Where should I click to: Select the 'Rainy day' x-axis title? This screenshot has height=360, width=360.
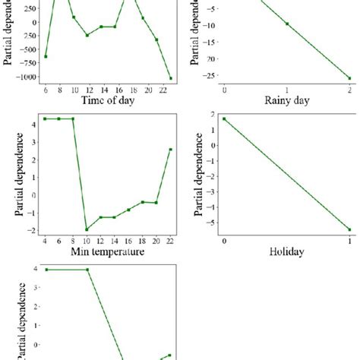pyautogui.click(x=286, y=100)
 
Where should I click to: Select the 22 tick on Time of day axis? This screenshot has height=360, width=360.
pyautogui.click(x=171, y=90)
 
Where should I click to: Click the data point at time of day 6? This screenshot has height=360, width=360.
pyautogui.click(x=46, y=56)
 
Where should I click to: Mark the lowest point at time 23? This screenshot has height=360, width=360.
pyautogui.click(x=171, y=78)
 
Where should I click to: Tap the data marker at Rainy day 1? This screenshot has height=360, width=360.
pyautogui.click(x=287, y=24)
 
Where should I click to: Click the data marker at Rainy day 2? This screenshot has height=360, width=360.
pyautogui.click(x=349, y=78)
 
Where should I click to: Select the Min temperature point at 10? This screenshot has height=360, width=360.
pyautogui.click(x=87, y=229)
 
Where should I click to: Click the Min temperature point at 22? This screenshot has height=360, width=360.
pyautogui.click(x=171, y=149)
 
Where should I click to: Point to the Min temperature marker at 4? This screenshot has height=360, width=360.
pyautogui.click(x=46, y=118)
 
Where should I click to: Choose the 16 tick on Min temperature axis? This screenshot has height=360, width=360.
pyautogui.click(x=129, y=242)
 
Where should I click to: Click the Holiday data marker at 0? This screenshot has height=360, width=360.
pyautogui.click(x=224, y=118)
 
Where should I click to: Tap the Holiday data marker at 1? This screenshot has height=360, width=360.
pyautogui.click(x=349, y=229)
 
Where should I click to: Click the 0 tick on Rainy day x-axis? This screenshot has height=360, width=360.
pyautogui.click(x=224, y=90)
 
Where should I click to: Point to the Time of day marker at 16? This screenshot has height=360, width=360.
pyautogui.click(x=115, y=27)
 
